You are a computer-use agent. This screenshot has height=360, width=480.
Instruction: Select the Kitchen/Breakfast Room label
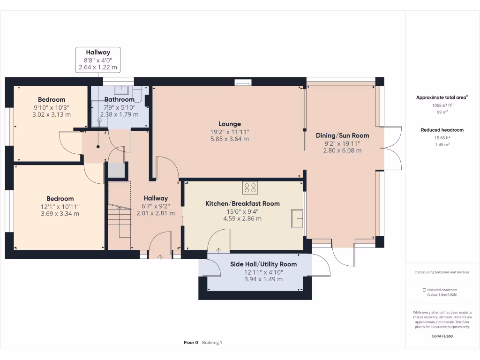click(x=242, y=203)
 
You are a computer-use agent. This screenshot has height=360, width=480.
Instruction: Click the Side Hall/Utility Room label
click(x=263, y=264)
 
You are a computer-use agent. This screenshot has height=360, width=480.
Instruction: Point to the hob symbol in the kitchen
click(x=250, y=187)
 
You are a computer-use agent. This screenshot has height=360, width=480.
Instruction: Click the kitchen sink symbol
click(x=297, y=218)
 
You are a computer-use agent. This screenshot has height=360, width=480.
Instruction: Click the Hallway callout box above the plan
click(x=98, y=60)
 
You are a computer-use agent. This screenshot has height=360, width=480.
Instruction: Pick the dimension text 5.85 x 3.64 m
click(x=229, y=139)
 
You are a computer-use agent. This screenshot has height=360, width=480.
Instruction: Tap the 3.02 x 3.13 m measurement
click(x=52, y=114)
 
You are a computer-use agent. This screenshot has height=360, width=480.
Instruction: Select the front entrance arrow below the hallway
click(x=161, y=257)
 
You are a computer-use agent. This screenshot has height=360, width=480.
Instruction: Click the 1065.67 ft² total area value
click(x=442, y=105)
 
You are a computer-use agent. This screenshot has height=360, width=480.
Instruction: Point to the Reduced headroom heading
click(x=442, y=130)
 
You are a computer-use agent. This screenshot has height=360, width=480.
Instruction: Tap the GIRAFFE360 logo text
click(x=442, y=336)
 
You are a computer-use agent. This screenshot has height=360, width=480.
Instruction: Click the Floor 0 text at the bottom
click(x=191, y=343)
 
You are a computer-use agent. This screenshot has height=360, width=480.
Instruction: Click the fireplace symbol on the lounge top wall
click(x=243, y=84)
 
